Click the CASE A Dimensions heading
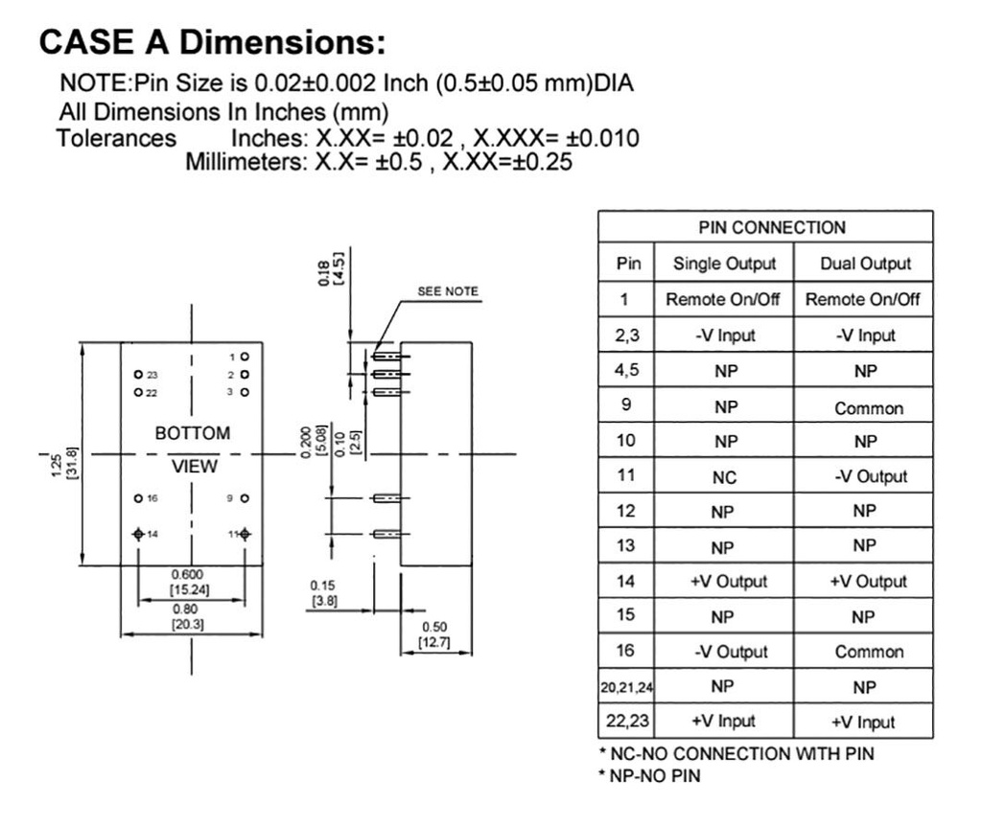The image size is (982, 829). point(212,42)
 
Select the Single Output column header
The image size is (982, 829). point(724,264)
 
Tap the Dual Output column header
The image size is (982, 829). point(865,264)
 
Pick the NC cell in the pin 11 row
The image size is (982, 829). point(724,477)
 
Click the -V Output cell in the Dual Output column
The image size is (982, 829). point(865,477)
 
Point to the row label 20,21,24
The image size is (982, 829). point(625,687)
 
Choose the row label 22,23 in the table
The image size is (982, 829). point(625,721)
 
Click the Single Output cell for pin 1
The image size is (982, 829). point(724,299)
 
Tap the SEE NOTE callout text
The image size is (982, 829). point(447,291)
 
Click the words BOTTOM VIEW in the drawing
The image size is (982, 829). point(193,449)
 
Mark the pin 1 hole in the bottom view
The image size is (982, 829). point(245,356)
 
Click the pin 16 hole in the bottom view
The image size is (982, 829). point(138,498)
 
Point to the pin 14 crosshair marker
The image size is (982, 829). point(138,533)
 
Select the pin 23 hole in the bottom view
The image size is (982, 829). point(138,373)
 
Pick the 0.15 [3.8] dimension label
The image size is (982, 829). point(323,592)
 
